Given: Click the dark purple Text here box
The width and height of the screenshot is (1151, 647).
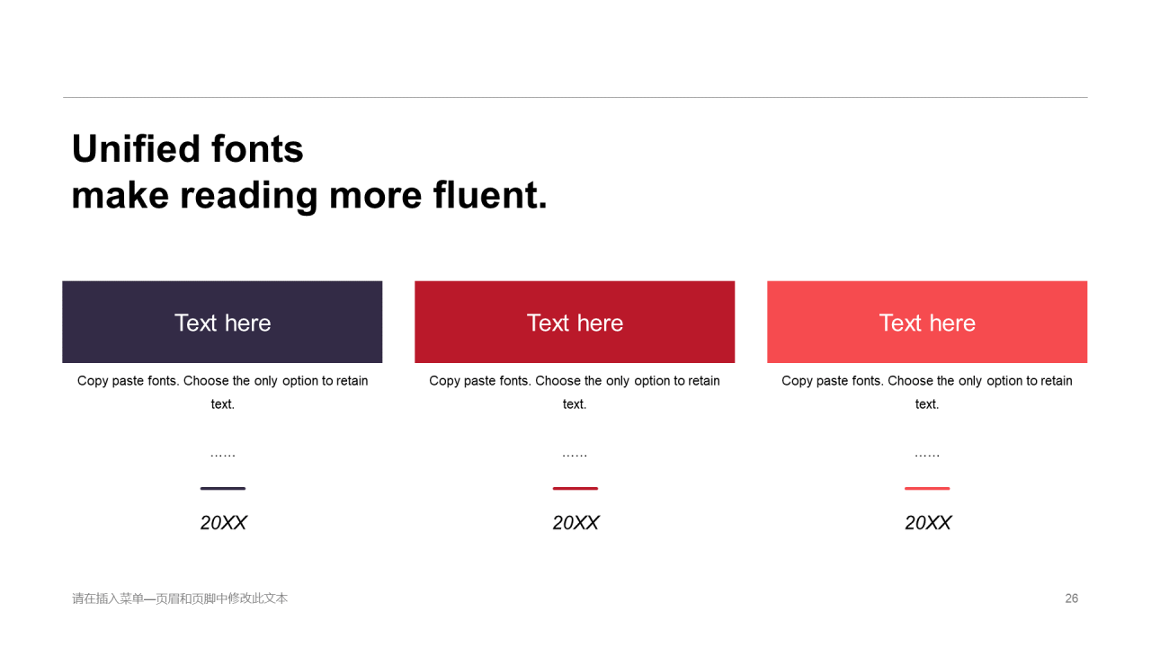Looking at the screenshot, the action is point(222,322).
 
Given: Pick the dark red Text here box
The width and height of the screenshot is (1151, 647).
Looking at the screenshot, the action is point(575,322).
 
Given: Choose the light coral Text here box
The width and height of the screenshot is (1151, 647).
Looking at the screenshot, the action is point(927,322).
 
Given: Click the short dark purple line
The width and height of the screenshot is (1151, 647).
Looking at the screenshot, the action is point(222,488).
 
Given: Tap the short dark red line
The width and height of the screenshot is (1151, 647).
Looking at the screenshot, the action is point(575,488).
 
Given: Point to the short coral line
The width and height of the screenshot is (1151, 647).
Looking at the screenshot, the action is point(927,488).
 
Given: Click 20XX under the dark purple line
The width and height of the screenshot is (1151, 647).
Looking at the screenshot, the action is point(223,523).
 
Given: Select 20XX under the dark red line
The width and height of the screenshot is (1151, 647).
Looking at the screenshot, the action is point(575,523).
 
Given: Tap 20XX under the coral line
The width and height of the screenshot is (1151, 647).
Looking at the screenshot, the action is point(927,523).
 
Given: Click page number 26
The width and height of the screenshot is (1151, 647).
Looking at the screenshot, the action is point(1071,598).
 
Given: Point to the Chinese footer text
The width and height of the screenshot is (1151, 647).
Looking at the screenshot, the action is point(180,598).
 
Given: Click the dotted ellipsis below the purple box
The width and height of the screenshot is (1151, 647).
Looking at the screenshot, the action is point(222,456).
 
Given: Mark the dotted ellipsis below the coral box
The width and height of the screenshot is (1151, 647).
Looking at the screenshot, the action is point(927,456).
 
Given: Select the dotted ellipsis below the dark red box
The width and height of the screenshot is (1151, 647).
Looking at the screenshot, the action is point(575,456).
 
